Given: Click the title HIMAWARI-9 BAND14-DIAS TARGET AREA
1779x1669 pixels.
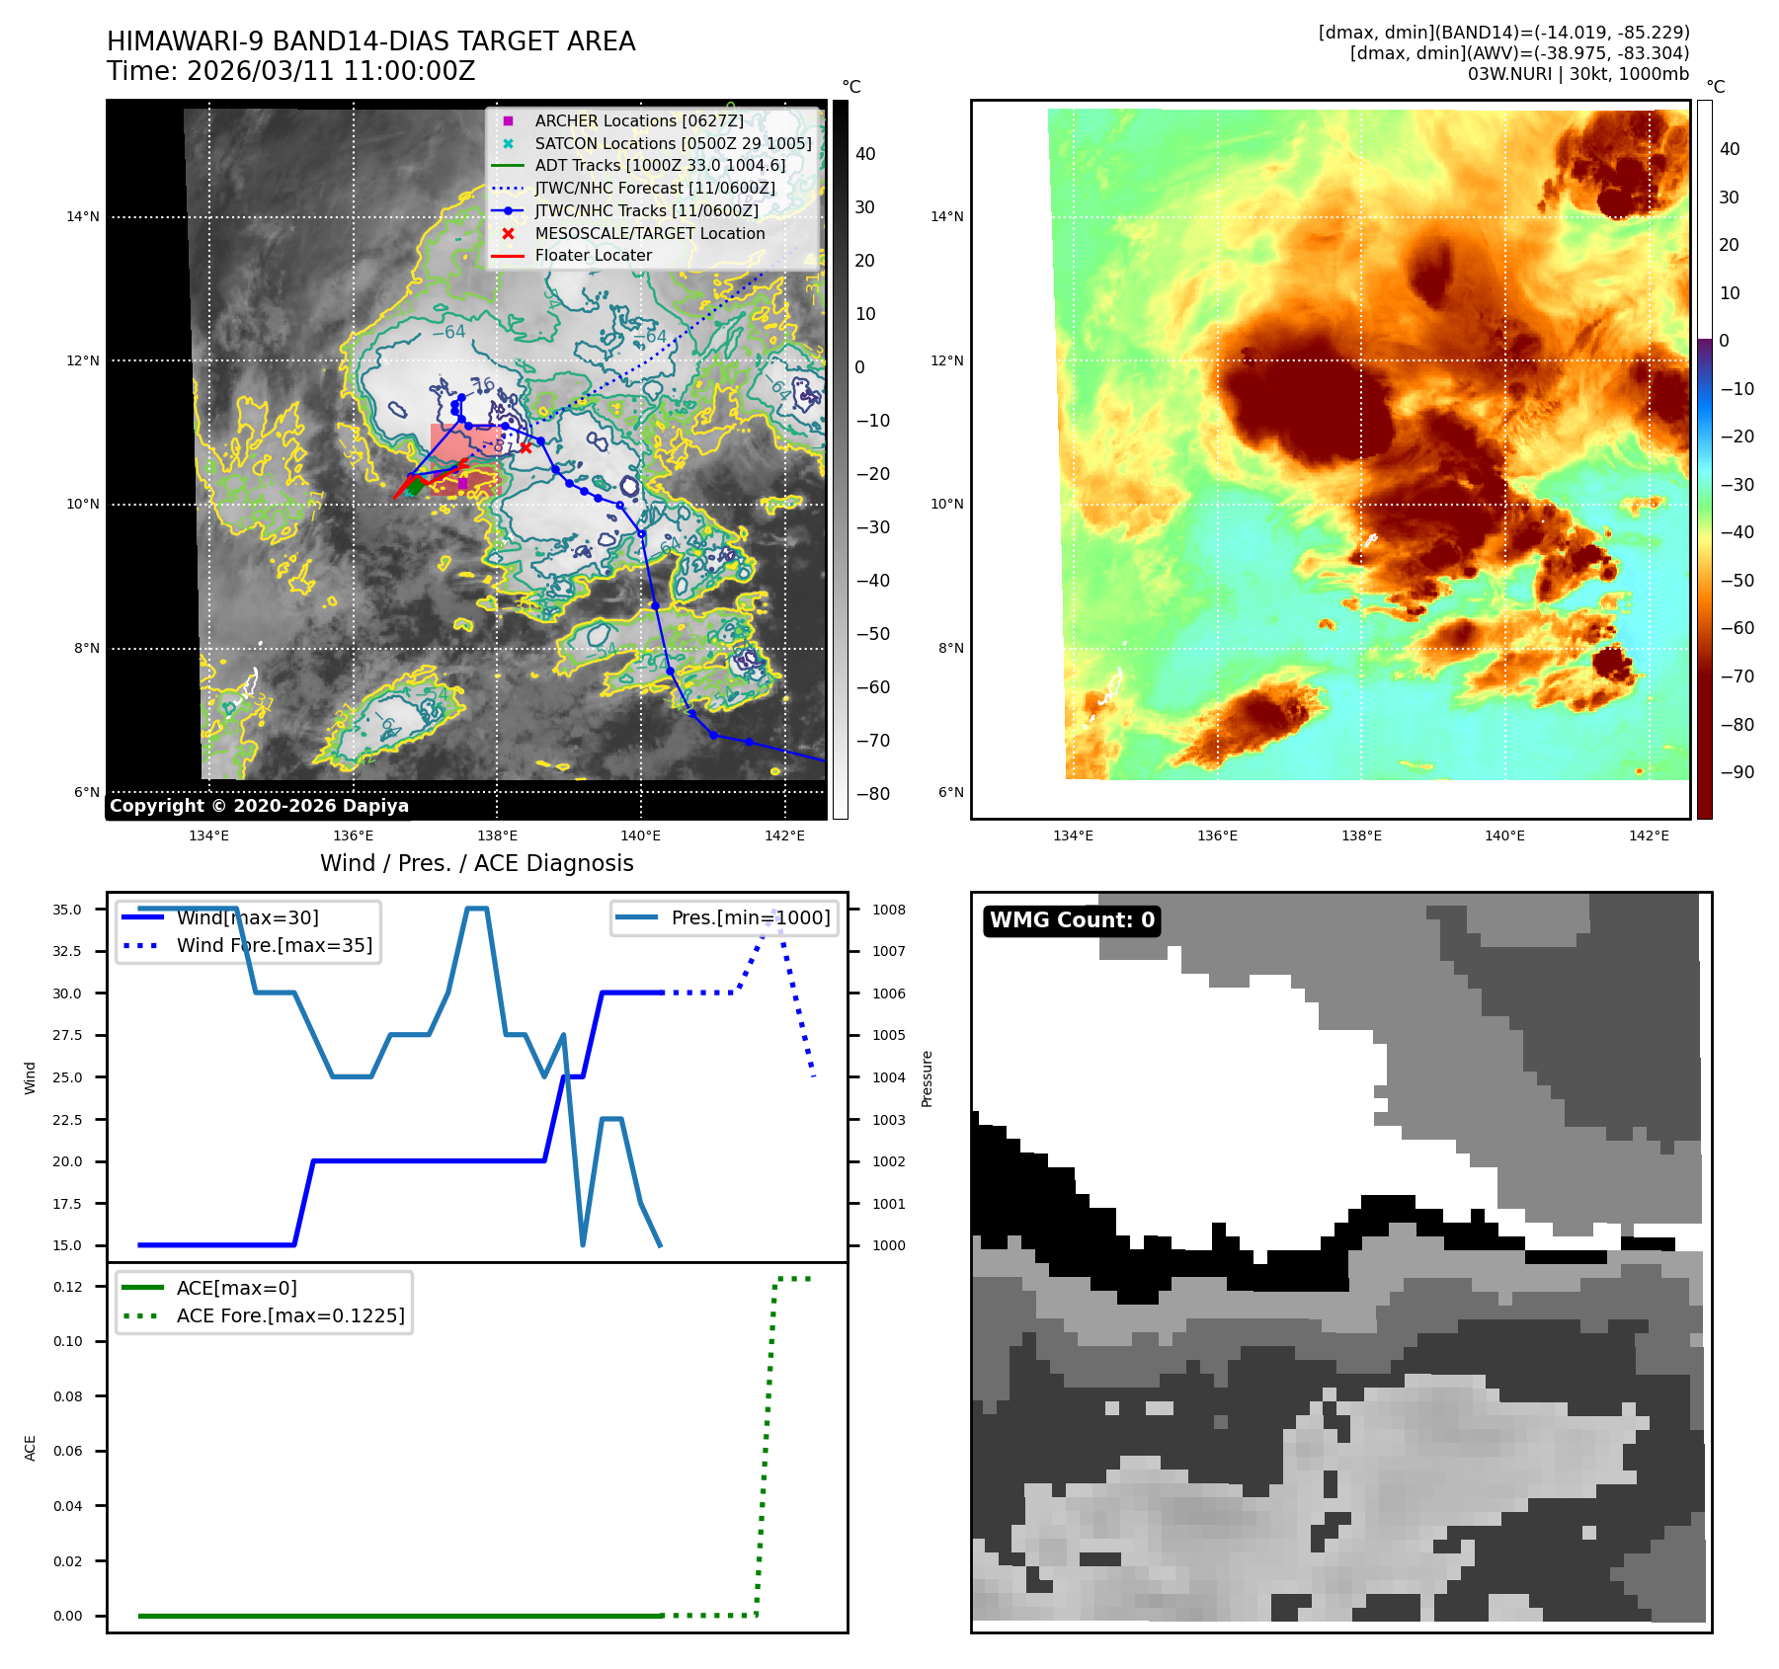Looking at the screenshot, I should (370, 41).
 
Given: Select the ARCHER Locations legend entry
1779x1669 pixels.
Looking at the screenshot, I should (638, 120).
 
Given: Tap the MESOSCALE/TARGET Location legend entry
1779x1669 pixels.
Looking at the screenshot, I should (649, 233).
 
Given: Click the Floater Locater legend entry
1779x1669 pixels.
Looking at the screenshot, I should (593, 255).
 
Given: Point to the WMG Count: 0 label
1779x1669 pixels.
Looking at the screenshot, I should (1072, 920).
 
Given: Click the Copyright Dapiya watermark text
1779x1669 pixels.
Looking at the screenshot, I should (259, 806).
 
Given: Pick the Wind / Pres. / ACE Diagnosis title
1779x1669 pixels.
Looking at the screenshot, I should (476, 863).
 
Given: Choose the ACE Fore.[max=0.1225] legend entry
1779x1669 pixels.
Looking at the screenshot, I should (289, 1315).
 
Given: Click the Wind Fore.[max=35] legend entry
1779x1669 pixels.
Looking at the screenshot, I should (274, 945).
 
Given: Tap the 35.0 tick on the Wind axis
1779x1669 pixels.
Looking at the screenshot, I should (67, 910).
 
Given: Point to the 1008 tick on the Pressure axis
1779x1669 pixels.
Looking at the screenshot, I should (888, 910).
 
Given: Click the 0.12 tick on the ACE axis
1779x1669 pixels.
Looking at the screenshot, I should (68, 1287).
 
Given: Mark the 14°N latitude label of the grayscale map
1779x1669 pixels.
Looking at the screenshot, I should (83, 217).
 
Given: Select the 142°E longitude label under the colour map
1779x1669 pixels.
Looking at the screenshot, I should (1648, 835).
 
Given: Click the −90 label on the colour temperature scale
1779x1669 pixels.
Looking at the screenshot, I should (1736, 772).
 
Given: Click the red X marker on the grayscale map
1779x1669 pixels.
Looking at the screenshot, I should (526, 448).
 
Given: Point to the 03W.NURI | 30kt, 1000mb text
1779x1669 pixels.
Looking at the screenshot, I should (1577, 74).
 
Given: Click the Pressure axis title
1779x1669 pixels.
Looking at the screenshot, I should (927, 1078).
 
